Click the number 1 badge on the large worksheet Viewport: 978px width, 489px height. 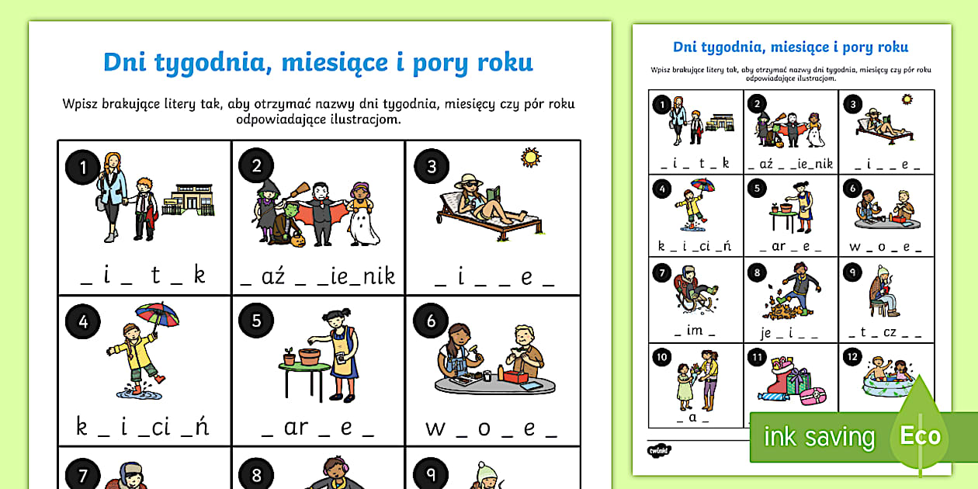82,167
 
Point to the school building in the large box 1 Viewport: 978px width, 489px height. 189,199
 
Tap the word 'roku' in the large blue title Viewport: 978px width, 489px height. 505,62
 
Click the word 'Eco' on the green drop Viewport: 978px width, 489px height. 920,435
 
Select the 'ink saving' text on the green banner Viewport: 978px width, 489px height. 820,436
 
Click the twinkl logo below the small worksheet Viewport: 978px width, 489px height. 659,450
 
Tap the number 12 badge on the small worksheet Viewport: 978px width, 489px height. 852,357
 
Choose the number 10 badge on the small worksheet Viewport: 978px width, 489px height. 662,357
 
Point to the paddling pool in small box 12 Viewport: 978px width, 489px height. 888,383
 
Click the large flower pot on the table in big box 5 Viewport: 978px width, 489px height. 310,355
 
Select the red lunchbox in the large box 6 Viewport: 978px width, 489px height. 515,376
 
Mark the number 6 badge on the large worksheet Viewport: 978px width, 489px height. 431,321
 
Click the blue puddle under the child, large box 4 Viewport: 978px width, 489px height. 139,393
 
